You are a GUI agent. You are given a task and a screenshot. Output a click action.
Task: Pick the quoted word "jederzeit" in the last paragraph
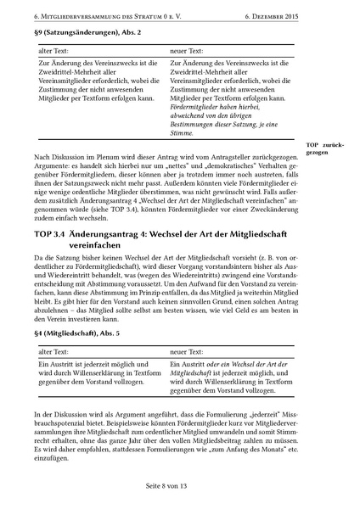coord(240,414)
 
